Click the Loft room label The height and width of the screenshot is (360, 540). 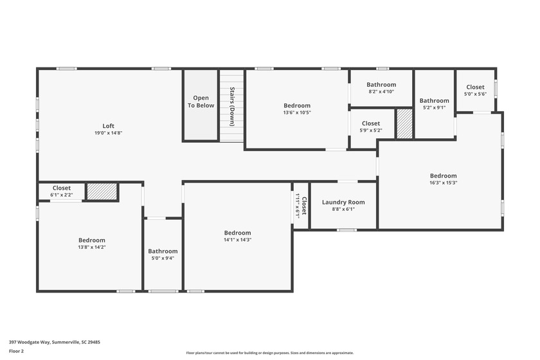(x=108, y=126)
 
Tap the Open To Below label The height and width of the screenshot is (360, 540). (x=201, y=102)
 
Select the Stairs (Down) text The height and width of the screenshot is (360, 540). (x=232, y=107)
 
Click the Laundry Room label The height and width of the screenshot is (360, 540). (x=343, y=203)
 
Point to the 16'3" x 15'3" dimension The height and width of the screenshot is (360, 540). (x=443, y=183)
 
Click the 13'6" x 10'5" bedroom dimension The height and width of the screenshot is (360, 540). (x=297, y=113)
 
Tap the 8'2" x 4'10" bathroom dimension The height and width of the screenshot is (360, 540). (x=381, y=92)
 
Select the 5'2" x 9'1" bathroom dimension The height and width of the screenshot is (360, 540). (x=435, y=107)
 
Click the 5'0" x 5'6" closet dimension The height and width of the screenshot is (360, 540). (x=475, y=94)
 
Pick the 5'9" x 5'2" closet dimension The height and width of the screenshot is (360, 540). (x=371, y=130)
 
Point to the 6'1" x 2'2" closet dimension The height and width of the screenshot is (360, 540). (x=62, y=195)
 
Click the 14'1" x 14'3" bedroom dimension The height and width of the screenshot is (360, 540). (x=237, y=240)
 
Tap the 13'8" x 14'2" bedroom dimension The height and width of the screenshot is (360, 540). (x=91, y=247)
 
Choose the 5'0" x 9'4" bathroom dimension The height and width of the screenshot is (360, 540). (x=163, y=258)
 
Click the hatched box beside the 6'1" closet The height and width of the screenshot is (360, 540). (x=102, y=191)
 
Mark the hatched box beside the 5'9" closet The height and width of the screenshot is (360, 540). (x=404, y=123)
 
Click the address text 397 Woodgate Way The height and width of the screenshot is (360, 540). (x=30, y=343)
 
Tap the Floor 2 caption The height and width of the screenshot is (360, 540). (x=16, y=352)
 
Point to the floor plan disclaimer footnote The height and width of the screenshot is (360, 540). (x=269, y=353)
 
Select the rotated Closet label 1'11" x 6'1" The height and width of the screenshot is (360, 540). (x=301, y=206)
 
